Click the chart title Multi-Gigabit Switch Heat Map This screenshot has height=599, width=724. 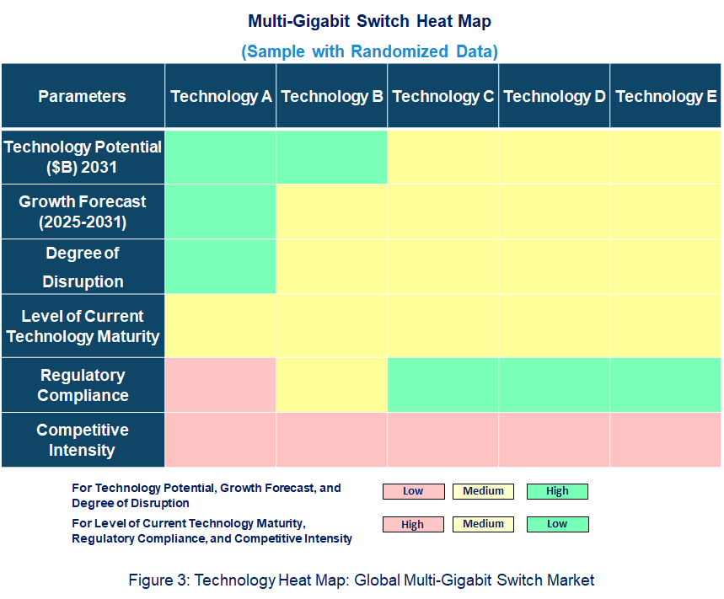pyautogui.click(x=369, y=21)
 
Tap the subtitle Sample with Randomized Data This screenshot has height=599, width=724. pyautogui.click(x=369, y=51)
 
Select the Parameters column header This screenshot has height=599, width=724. pyautogui.click(x=82, y=96)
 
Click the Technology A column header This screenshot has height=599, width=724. pyautogui.click(x=221, y=96)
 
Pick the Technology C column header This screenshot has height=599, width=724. pyautogui.click(x=443, y=96)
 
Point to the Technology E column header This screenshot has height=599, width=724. pyautogui.click(x=666, y=96)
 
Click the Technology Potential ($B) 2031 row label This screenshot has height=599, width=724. pyautogui.click(x=83, y=157)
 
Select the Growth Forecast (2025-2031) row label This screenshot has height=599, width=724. pyautogui.click(x=83, y=212)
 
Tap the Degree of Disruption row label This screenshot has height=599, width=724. pyautogui.click(x=83, y=267)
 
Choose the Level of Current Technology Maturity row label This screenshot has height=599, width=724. pyautogui.click(x=83, y=326)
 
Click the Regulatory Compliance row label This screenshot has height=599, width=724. pyautogui.click(x=83, y=385)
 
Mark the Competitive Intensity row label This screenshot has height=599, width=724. pyautogui.click(x=83, y=440)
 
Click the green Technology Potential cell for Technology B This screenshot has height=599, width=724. pyautogui.click(x=332, y=157)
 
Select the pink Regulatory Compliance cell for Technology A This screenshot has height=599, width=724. pyautogui.click(x=221, y=385)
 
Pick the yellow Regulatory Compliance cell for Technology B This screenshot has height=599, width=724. pyautogui.click(x=332, y=385)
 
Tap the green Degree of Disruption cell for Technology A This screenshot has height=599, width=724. pyautogui.click(x=221, y=267)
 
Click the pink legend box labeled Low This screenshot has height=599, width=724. pyautogui.click(x=413, y=491)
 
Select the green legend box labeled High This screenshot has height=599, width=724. pyautogui.click(x=557, y=491)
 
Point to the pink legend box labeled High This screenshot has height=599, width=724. pyautogui.click(x=413, y=524)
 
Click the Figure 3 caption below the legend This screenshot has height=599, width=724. pyautogui.click(x=362, y=580)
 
